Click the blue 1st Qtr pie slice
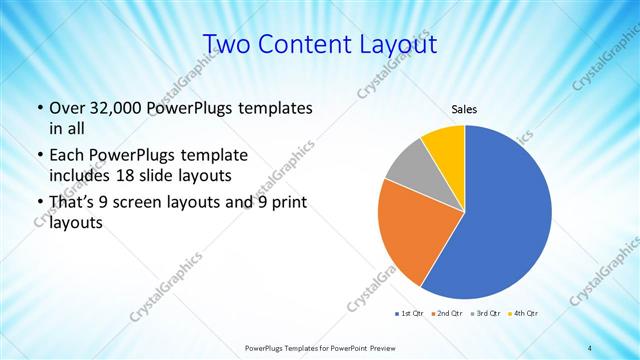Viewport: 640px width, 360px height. pyautogui.click(x=505, y=215)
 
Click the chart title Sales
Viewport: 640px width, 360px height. pyautogui.click(x=465, y=108)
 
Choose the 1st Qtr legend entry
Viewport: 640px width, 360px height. pyautogui.click(x=410, y=315)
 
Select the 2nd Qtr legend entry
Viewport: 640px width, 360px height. pyautogui.click(x=446, y=315)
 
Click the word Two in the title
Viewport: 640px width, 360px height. pyautogui.click(x=228, y=44)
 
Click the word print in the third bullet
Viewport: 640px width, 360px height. pyautogui.click(x=289, y=203)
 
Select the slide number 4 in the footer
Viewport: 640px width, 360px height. pyautogui.click(x=590, y=347)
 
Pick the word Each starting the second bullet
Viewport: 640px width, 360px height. pyautogui.click(x=65, y=155)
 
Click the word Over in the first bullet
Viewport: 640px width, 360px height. pyautogui.click(x=67, y=107)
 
